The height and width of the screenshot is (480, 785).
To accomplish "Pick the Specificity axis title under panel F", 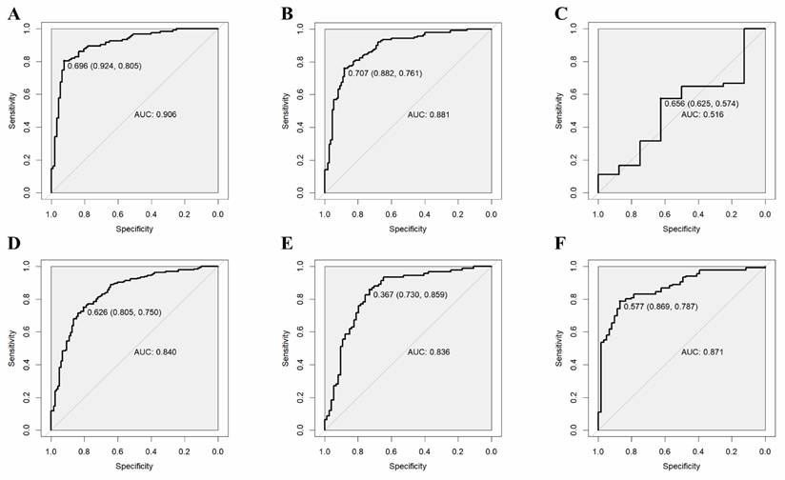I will click(x=681, y=466).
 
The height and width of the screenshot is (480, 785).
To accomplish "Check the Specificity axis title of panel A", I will click(x=133, y=230).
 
